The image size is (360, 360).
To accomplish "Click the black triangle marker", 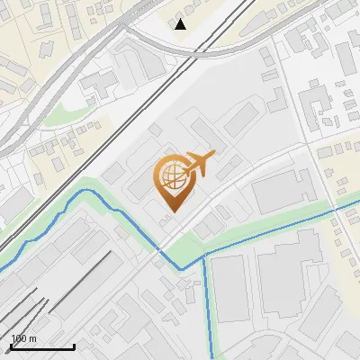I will pos(181,24).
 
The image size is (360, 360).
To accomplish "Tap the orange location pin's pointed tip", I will pos(171,212).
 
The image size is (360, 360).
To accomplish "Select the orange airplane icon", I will pos(200,163).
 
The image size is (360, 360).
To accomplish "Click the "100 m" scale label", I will pos(24,338).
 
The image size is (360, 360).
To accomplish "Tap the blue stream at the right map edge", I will pos(355,205).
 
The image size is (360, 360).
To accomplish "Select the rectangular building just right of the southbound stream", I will pos(229,288).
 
